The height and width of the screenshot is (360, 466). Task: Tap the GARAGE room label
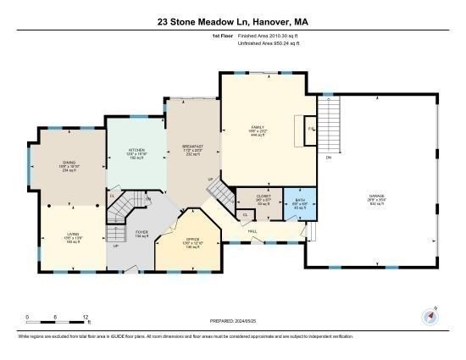click(x=376, y=196)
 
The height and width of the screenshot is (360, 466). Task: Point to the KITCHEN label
click(x=136, y=150)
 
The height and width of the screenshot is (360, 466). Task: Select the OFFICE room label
click(x=192, y=240)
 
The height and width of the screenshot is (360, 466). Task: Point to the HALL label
click(x=252, y=230)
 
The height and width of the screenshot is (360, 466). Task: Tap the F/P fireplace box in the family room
click(x=312, y=129)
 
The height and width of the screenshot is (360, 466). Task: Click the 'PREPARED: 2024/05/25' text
click(x=233, y=321)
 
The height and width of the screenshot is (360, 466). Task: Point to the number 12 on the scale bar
click(x=86, y=317)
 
